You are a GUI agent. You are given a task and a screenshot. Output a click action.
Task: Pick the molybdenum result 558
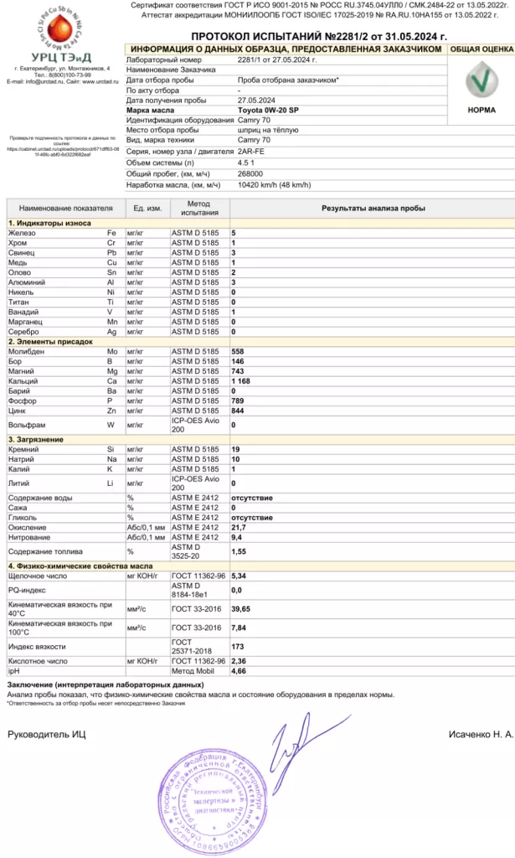pyautogui.click(x=238, y=351)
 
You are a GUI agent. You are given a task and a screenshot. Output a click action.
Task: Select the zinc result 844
pyautogui.click(x=238, y=410)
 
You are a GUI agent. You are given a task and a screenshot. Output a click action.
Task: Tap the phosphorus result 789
pyautogui.click(x=238, y=401)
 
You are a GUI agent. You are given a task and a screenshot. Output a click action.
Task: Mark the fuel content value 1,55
pyautogui.click(x=239, y=551)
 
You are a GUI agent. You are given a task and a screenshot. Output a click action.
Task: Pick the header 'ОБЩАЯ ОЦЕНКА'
pyautogui.click(x=481, y=49)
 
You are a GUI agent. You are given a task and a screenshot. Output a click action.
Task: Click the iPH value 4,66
pyautogui.click(x=239, y=671)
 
